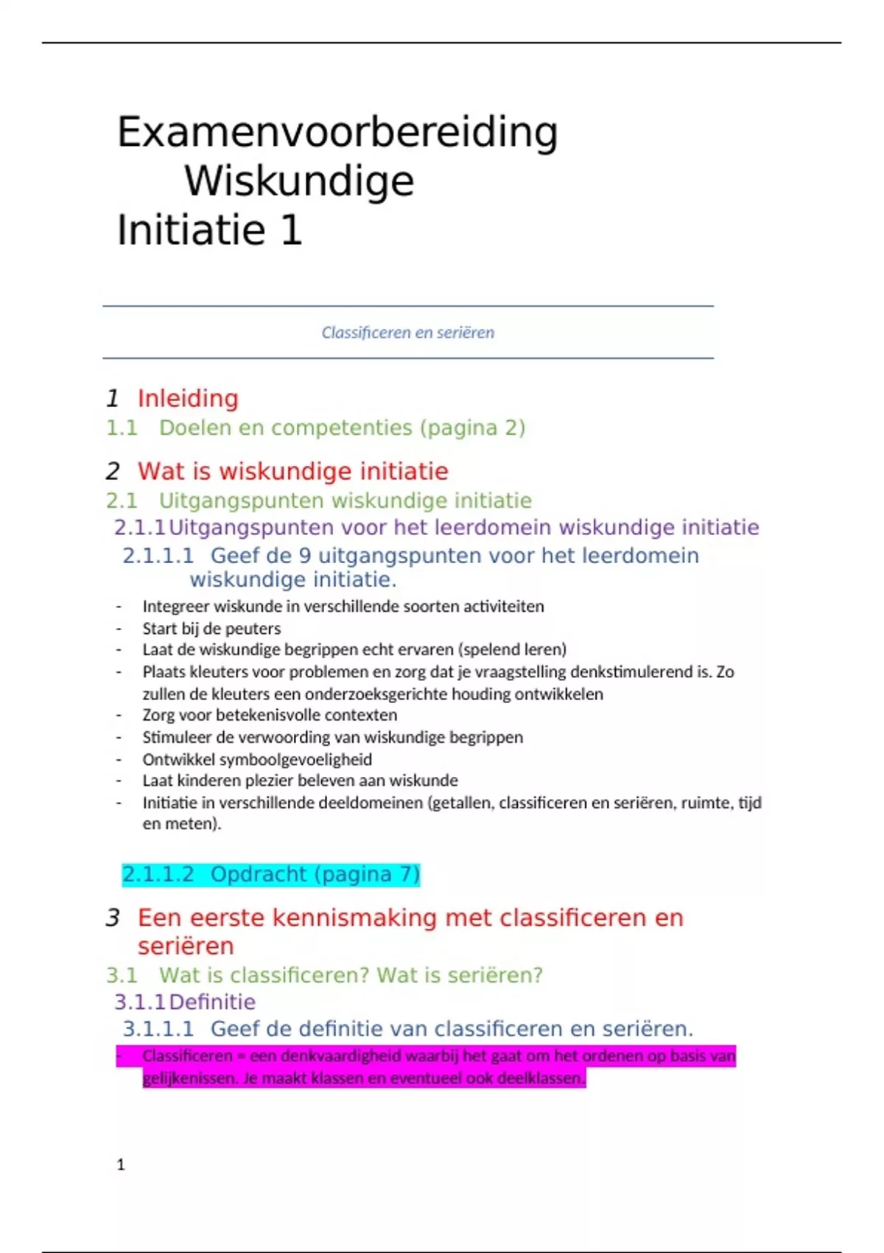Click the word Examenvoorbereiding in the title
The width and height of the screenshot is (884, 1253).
[x=337, y=133]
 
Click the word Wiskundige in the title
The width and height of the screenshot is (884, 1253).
[x=299, y=181]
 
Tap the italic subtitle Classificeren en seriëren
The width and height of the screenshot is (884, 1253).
[x=407, y=332]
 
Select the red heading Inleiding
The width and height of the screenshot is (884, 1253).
[x=188, y=399]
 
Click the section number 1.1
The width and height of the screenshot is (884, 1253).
[x=122, y=428]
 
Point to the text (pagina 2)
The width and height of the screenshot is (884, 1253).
[x=472, y=428]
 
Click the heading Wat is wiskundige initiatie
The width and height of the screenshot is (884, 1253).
[x=292, y=472]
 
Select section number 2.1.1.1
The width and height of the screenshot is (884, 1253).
[x=158, y=556]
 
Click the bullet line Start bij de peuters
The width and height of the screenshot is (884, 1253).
[x=211, y=629]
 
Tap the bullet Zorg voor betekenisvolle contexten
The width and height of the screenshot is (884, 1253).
[x=270, y=715]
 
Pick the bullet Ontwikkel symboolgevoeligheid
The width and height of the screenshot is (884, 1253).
[x=257, y=759]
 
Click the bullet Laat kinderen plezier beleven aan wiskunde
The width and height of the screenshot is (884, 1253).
[x=300, y=781]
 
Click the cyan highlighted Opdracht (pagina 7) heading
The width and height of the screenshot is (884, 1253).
[x=270, y=875]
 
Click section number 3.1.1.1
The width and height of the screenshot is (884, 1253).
[x=158, y=1029]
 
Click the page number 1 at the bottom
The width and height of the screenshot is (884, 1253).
[x=121, y=1165]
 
